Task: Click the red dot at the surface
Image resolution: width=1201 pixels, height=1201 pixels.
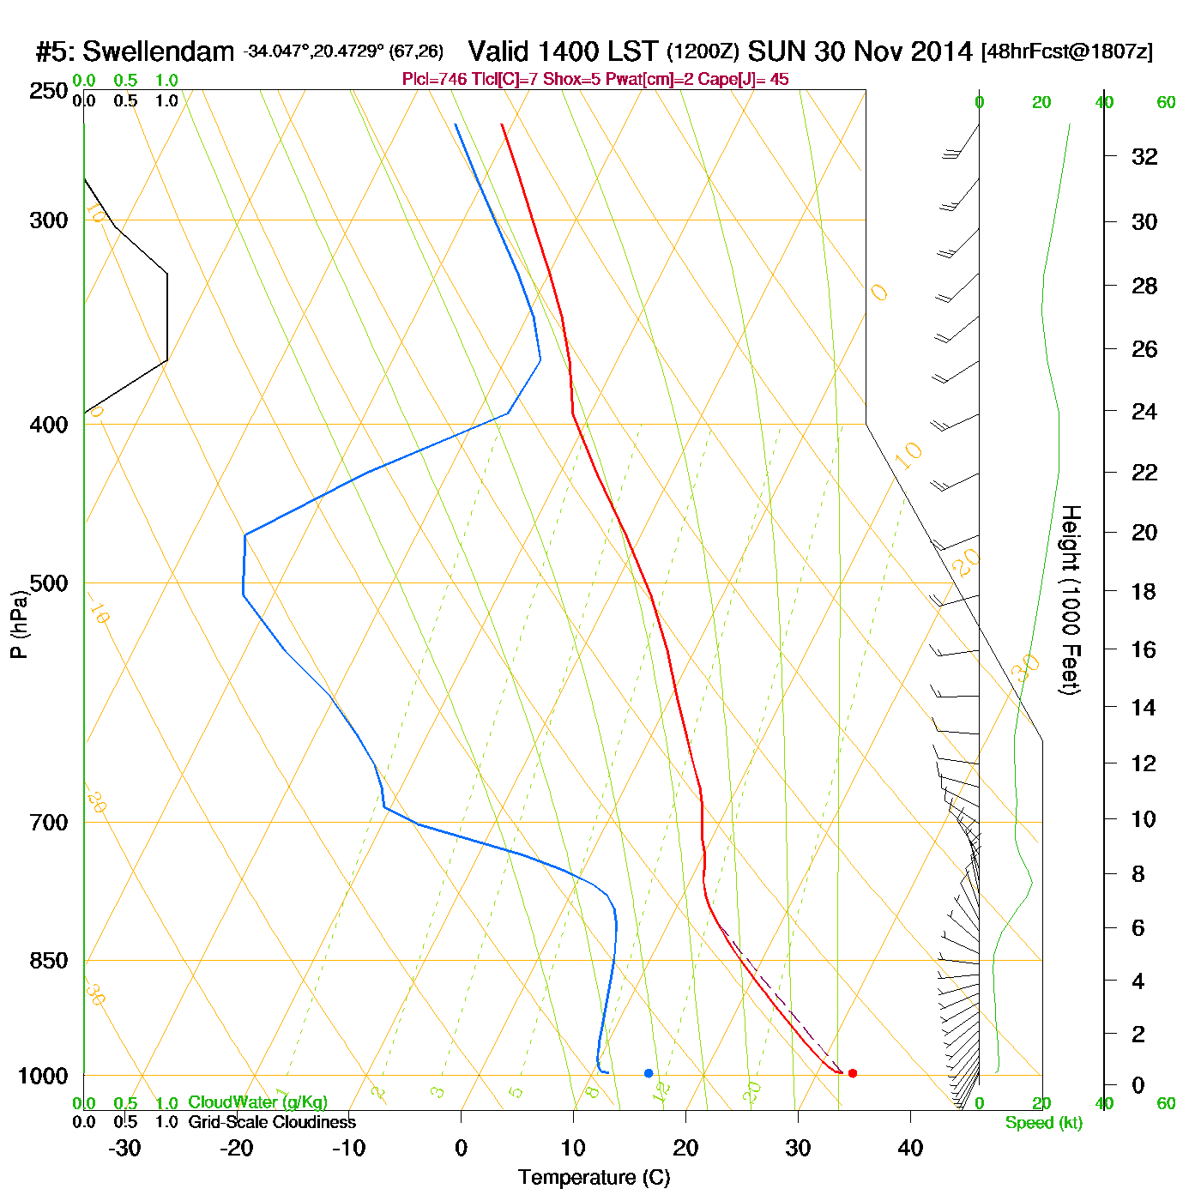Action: click(852, 1073)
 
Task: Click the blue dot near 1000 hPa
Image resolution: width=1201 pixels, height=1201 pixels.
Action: click(649, 1073)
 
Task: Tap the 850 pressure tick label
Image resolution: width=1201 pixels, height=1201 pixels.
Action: click(49, 961)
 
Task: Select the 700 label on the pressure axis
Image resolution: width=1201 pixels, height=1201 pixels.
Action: click(49, 823)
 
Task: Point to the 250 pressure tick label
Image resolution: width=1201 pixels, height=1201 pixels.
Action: click(49, 91)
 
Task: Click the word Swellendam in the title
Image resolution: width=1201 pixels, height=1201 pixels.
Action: click(158, 51)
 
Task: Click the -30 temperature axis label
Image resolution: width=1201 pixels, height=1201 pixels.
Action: click(124, 1149)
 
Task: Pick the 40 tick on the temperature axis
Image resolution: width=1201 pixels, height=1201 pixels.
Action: click(910, 1149)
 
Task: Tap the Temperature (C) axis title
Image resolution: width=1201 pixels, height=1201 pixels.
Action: click(594, 1178)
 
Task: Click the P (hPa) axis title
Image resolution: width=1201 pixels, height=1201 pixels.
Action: click(19, 624)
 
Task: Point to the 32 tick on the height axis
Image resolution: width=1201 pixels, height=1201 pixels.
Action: click(1144, 157)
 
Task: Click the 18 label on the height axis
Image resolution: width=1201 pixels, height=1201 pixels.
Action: click(1144, 592)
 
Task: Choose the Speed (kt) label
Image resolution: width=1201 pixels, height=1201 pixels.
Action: click(1044, 1123)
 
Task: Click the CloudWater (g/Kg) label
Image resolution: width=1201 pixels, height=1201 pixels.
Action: click(257, 1102)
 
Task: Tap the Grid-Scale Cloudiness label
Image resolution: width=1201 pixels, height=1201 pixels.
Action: click(272, 1122)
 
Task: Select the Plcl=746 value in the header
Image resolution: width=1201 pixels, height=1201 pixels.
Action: click(434, 80)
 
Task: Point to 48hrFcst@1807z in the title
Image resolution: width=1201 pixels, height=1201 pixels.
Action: click(1067, 51)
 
